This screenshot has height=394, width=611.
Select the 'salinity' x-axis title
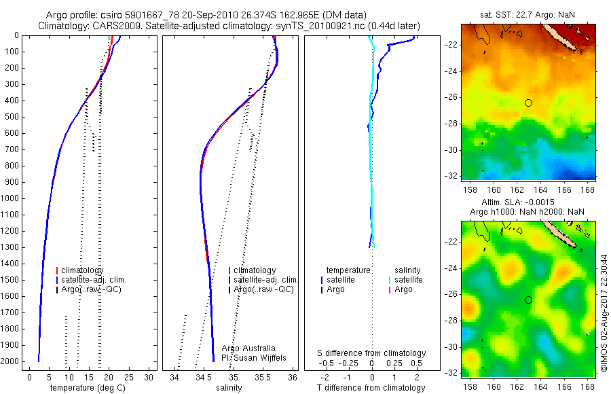tap(228, 388)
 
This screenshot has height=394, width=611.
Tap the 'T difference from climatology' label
tap(372, 388)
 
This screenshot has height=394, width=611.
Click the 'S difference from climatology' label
tap(372, 353)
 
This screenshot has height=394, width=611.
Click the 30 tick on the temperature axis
tap(149, 377)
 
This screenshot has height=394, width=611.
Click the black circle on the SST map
tap(528, 103)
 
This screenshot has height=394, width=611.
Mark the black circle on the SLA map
tap(528, 300)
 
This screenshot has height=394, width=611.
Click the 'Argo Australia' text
tap(248, 348)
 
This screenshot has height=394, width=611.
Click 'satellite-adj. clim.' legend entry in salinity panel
tap(265, 280)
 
